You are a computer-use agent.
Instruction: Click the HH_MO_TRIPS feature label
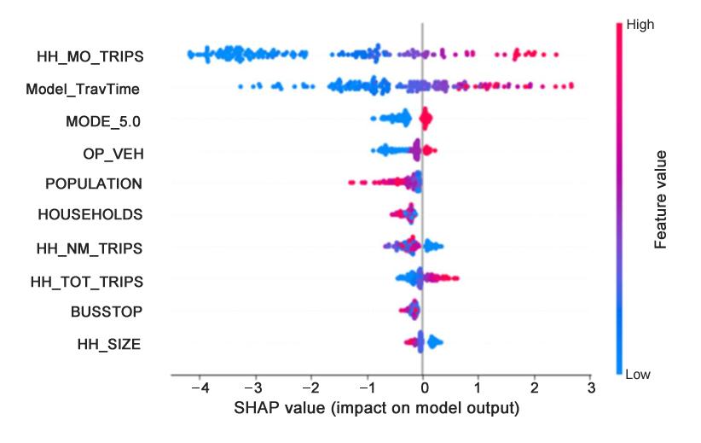point(90,56)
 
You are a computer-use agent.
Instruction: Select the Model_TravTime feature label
point(83,88)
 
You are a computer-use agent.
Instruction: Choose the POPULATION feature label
point(94,184)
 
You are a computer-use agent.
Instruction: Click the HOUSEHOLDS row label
point(90,215)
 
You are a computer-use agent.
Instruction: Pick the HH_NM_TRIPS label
point(90,248)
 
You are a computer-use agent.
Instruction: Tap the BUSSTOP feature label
point(107,312)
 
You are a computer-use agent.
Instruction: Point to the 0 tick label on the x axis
point(423,389)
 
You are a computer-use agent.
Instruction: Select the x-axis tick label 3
point(590,389)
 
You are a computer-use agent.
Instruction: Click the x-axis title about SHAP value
point(376,408)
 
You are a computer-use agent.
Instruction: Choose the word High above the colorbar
point(639,25)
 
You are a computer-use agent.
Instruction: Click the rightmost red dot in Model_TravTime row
point(571,85)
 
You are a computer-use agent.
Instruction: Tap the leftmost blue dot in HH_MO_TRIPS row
point(189,55)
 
